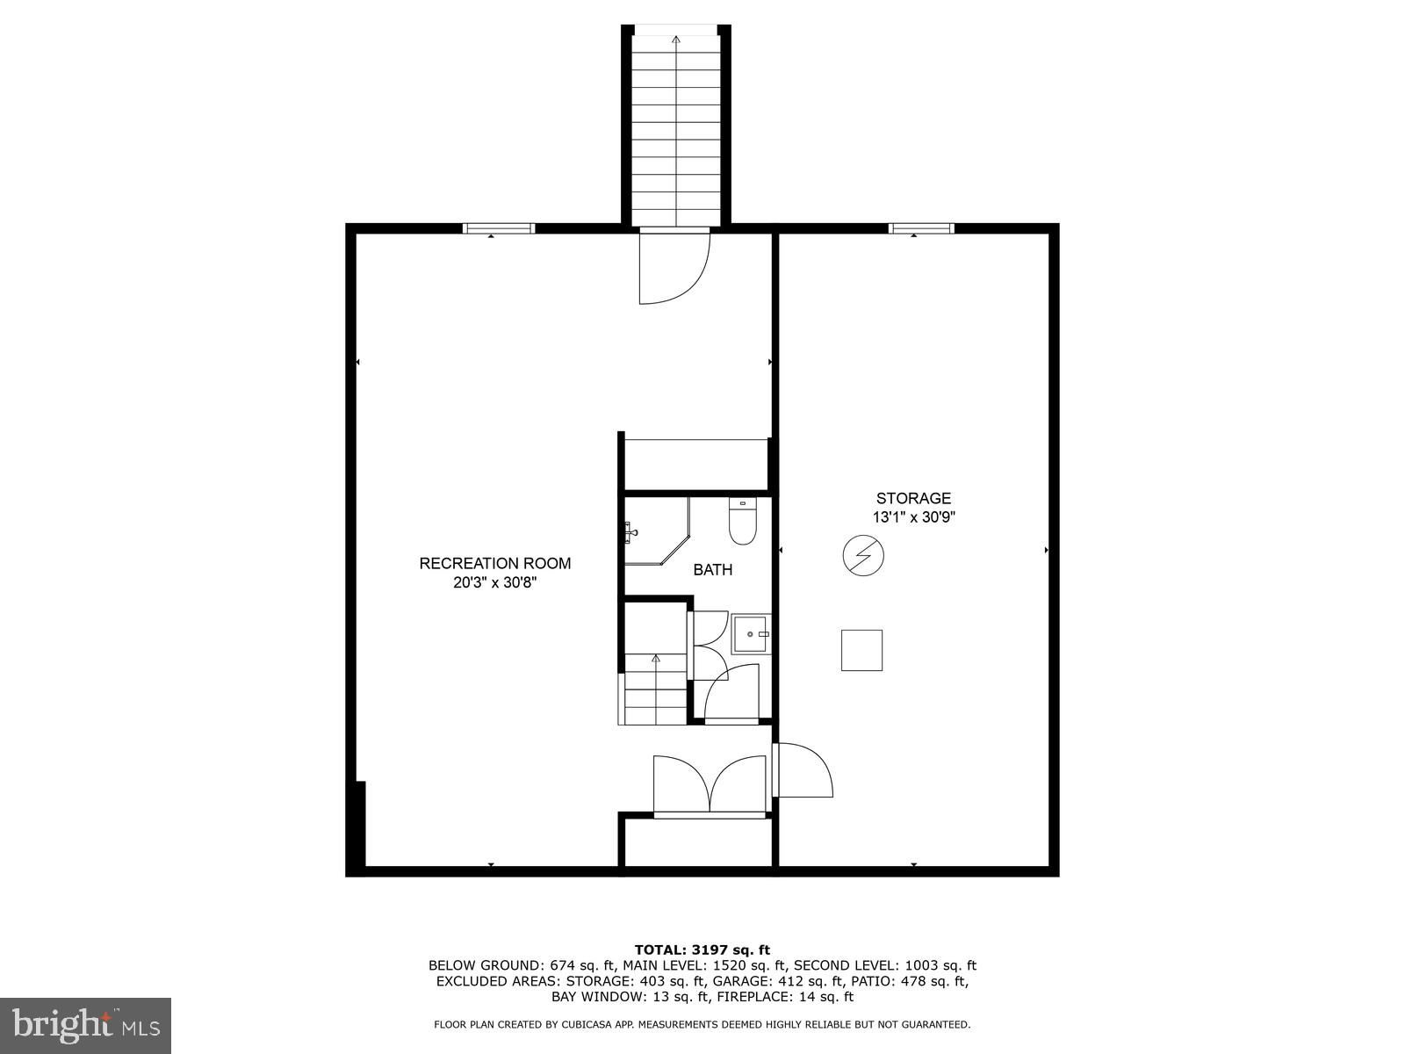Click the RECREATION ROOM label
tap(494, 563)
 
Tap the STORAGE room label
tap(913, 498)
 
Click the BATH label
tap(712, 570)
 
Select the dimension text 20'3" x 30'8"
tap(494, 581)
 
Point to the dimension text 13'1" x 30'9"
tap(913, 517)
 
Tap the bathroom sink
tap(752, 633)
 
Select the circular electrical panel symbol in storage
tap(862, 555)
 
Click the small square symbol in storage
tap(861, 650)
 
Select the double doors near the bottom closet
tap(710, 783)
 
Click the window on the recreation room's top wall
tap(499, 228)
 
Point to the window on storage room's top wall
tap(920, 228)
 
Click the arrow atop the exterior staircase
tap(675, 40)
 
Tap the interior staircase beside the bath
tap(655, 689)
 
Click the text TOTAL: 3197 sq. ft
tap(702, 949)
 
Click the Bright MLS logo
tap(86, 1025)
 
